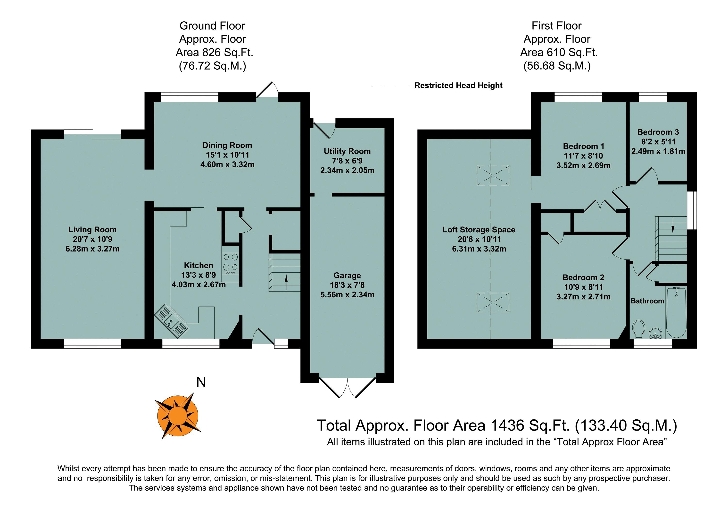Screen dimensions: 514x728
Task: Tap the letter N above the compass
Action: point(201,382)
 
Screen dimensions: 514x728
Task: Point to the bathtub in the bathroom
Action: point(676,312)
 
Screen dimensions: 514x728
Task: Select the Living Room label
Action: point(92,229)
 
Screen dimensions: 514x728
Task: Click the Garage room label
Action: point(347,275)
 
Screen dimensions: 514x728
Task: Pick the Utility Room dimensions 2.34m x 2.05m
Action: point(347,170)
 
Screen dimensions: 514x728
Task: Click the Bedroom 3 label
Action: point(658,132)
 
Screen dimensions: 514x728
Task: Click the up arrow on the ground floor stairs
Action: point(286,282)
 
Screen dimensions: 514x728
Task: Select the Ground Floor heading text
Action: point(212,26)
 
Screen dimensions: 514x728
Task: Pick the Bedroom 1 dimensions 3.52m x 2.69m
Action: point(583,165)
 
